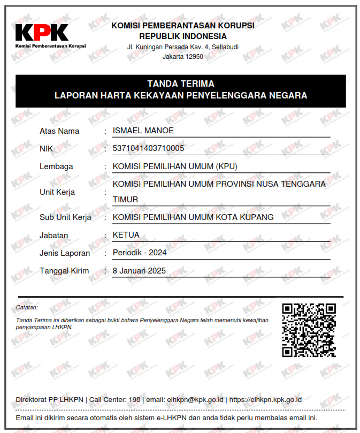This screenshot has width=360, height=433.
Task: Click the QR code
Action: (x=309, y=330)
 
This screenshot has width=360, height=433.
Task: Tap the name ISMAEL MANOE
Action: (x=143, y=131)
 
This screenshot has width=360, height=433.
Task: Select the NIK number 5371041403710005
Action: (x=148, y=148)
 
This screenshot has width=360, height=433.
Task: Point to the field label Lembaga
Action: (x=56, y=166)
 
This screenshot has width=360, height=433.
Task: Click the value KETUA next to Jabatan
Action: (x=126, y=235)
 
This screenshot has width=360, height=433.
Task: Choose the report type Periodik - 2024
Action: (x=140, y=253)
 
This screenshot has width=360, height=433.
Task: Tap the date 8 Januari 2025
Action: (x=140, y=270)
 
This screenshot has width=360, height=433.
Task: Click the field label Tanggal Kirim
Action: (x=64, y=271)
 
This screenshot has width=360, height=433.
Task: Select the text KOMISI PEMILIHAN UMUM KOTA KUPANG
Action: (x=193, y=217)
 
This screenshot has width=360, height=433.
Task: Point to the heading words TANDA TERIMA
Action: (x=181, y=84)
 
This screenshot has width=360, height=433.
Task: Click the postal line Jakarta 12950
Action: (x=183, y=56)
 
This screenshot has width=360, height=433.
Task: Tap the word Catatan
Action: (x=27, y=308)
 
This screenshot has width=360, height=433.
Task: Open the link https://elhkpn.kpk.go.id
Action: (x=265, y=400)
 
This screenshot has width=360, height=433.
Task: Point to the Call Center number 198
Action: (x=135, y=400)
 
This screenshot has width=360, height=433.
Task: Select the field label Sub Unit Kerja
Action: (x=65, y=217)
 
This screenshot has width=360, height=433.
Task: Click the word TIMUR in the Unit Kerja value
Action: (x=125, y=200)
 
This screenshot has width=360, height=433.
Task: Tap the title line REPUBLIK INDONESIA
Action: (x=183, y=36)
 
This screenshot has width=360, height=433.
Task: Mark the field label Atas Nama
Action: (x=59, y=131)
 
